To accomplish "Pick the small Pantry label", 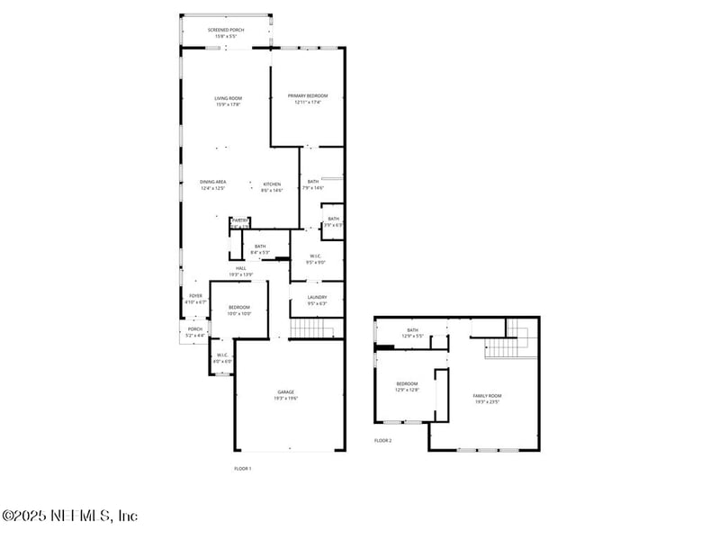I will pos(239,221).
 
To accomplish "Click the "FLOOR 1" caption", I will pos(243,469).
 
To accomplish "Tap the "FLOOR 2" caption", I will pos(383,440).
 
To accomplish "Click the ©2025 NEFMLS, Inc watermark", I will pos(70,516).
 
